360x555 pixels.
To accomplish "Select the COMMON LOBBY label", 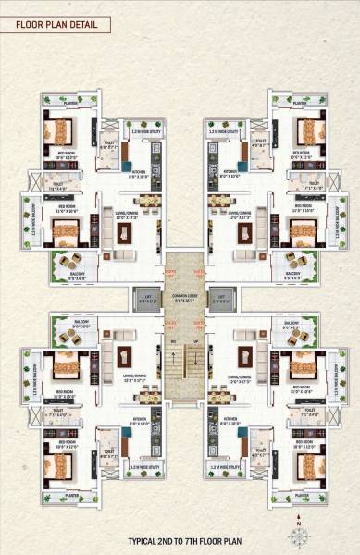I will (180, 299).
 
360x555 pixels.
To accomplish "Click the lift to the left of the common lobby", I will (145, 301).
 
